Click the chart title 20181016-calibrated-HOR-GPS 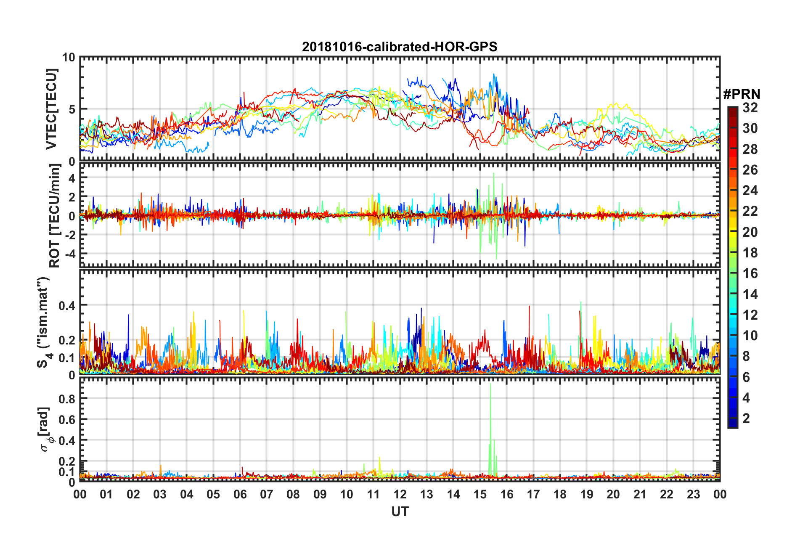[x=400, y=47]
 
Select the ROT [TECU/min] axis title [x=55, y=216]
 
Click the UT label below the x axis [x=400, y=512]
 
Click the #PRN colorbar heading [x=742, y=94]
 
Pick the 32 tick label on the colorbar [x=750, y=108]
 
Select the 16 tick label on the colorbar [x=750, y=274]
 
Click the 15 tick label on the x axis [x=480, y=495]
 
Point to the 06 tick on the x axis [x=240, y=495]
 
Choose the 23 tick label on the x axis [x=693, y=495]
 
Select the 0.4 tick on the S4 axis [x=67, y=305]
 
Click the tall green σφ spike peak [x=490, y=384]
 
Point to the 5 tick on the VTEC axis [x=72, y=109]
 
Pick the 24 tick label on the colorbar [x=750, y=191]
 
